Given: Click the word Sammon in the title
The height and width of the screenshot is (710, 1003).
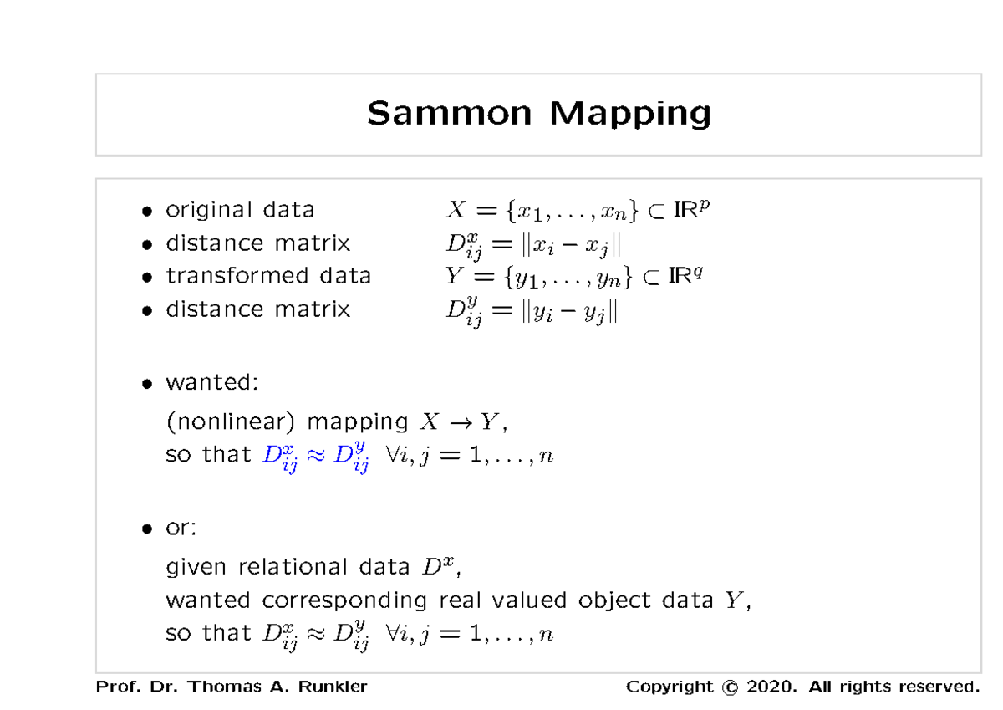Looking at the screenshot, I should (449, 112).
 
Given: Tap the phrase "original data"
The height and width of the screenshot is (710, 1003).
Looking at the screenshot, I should (240, 209).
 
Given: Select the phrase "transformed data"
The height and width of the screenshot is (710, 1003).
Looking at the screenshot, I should (268, 276).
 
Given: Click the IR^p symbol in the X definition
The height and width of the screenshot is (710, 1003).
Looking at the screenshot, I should (692, 208).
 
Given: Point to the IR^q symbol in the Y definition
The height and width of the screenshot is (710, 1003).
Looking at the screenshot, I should (685, 275).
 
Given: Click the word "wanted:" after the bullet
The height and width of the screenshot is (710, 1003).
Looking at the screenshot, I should (212, 383).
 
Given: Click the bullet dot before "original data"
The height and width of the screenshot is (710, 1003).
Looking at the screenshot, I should (147, 211).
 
